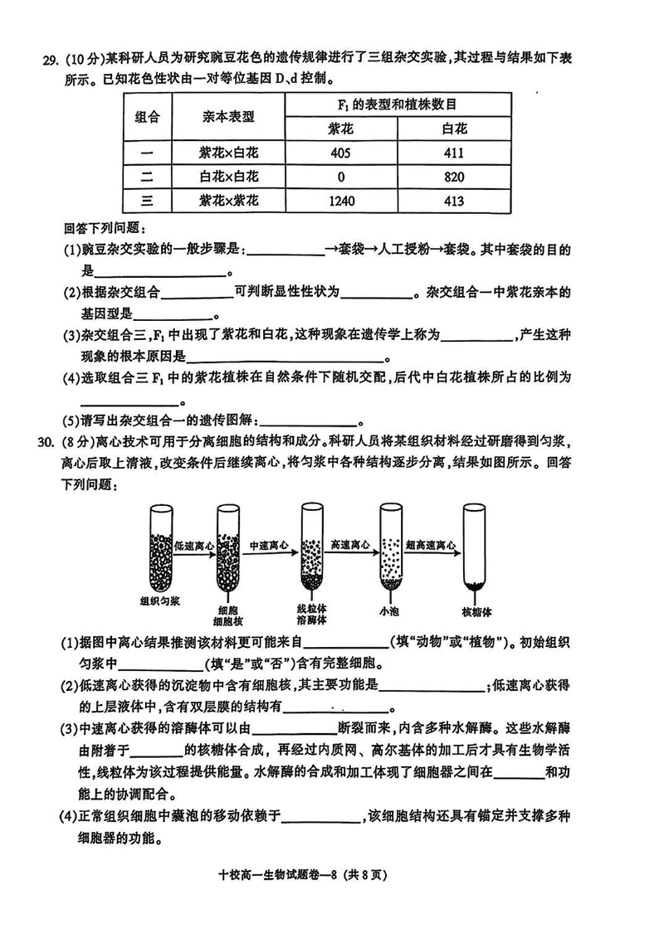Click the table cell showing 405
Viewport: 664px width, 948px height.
[x=341, y=153]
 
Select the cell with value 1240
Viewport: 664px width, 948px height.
[x=341, y=201]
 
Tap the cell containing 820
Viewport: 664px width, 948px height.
[x=454, y=177]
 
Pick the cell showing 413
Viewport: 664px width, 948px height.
[x=454, y=201]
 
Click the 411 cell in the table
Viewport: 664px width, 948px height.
[x=454, y=153]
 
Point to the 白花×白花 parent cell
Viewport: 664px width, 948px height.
[x=229, y=177]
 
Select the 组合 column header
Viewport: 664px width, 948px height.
[x=148, y=117]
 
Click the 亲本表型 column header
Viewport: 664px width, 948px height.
[x=229, y=117]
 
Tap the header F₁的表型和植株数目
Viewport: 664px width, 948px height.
[x=398, y=105]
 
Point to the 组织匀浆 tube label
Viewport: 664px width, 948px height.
[x=160, y=601]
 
